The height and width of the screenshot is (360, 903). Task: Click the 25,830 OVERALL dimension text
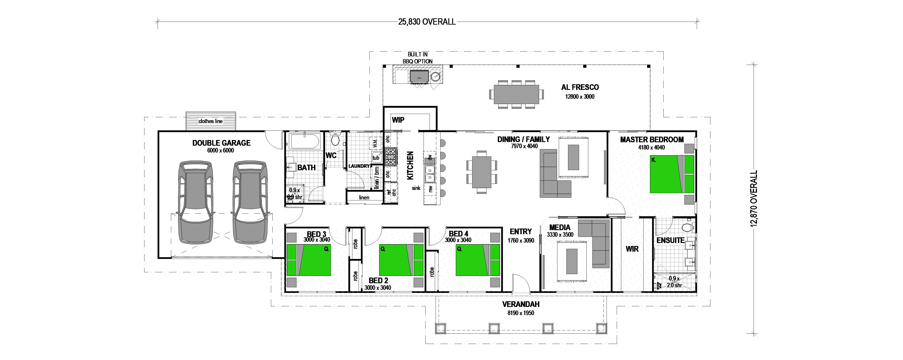click(x=427, y=22)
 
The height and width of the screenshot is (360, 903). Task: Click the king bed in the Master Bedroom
click(x=672, y=174)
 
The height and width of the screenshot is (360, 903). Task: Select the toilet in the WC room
click(x=335, y=140)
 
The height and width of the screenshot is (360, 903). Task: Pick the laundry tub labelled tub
click(x=376, y=157)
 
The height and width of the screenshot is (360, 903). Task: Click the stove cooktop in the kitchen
click(x=391, y=157)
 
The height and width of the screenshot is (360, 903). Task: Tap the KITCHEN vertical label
click(x=410, y=166)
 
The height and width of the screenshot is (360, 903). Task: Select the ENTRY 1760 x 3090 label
click(x=521, y=236)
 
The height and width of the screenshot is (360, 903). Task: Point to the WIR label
click(x=632, y=249)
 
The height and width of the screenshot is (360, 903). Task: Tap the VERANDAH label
click(x=521, y=304)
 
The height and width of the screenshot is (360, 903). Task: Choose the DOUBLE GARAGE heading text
click(x=221, y=143)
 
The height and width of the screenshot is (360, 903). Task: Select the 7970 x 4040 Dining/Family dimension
click(x=524, y=146)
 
